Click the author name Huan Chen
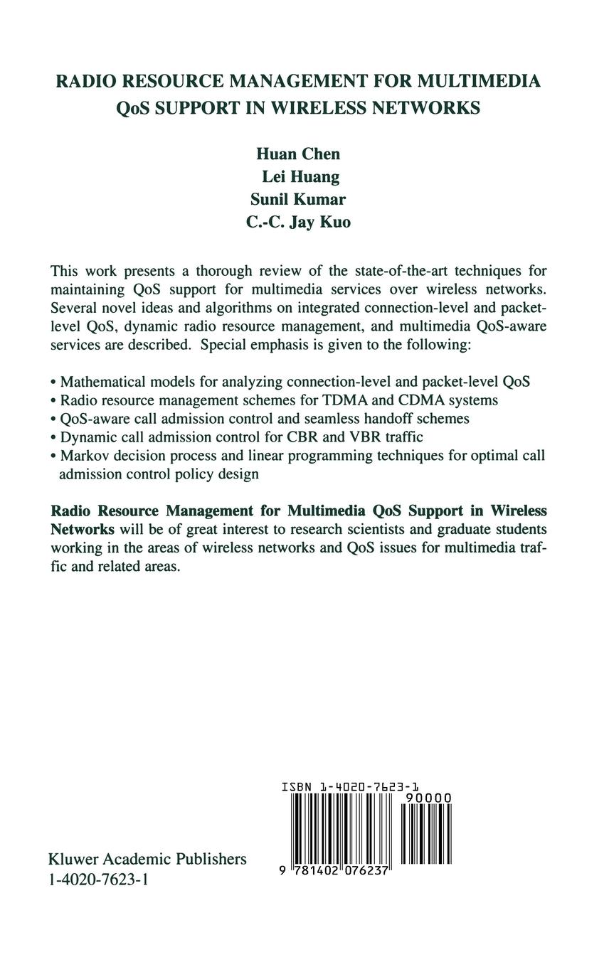click(298, 154)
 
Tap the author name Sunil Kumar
click(298, 199)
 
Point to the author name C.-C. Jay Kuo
click(298, 222)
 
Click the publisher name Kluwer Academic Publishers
click(147, 859)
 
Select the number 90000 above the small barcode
click(427, 798)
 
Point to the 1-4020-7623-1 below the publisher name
click(98, 880)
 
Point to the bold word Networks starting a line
click(83, 529)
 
